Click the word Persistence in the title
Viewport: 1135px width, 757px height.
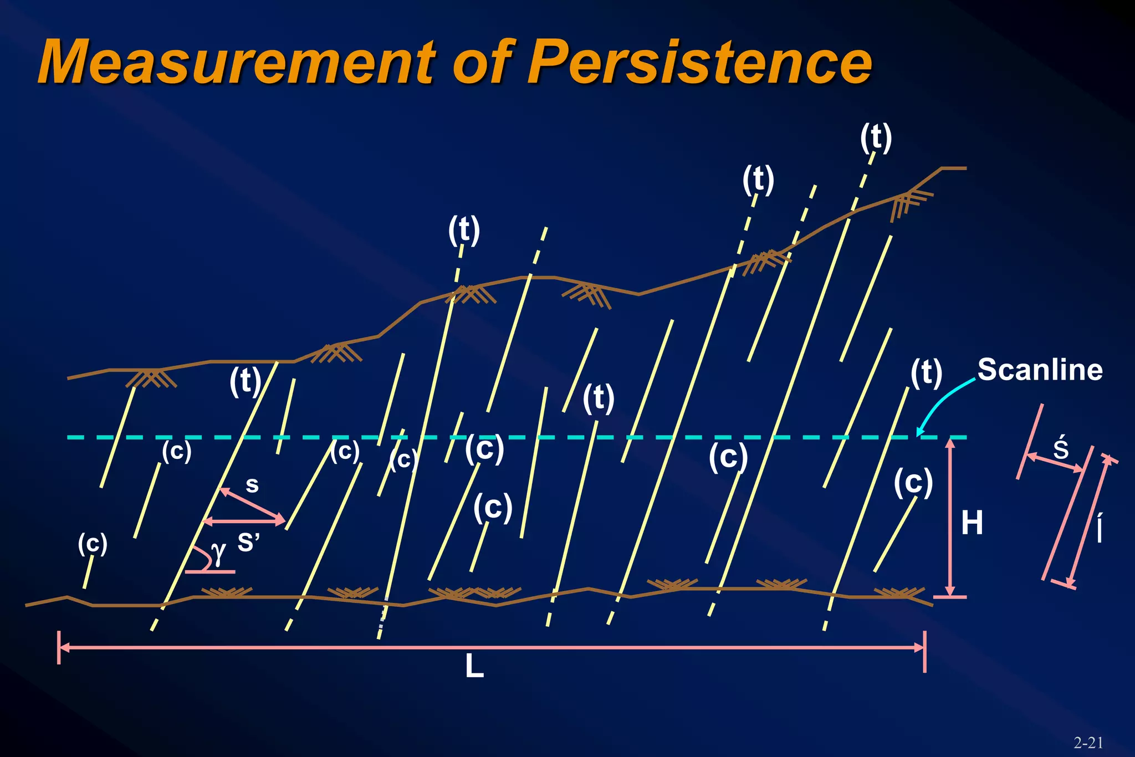699,62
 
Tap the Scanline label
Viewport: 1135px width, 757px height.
1040,370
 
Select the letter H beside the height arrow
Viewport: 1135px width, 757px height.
972,523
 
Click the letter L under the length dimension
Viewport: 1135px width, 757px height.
474,667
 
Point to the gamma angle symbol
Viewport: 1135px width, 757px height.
218,553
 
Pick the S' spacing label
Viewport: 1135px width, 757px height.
248,543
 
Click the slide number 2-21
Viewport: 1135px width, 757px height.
1088,743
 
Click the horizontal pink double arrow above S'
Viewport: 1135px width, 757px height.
244,521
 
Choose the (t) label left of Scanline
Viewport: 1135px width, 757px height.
926,372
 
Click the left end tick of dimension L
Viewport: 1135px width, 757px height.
59,647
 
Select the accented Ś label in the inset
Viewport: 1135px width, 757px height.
1061,448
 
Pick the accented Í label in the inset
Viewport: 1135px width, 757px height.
1100,528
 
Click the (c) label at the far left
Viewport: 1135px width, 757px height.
93,544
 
